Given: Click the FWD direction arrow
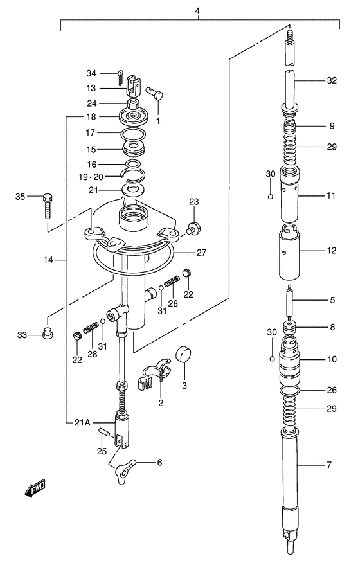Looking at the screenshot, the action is [35, 488].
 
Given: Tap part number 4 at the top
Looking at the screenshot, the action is [197, 11].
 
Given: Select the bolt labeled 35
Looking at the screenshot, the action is [48, 206].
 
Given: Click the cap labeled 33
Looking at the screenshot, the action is [47, 332].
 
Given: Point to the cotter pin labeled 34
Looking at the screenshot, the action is [120, 77].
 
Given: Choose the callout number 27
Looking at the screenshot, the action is [202, 253].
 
